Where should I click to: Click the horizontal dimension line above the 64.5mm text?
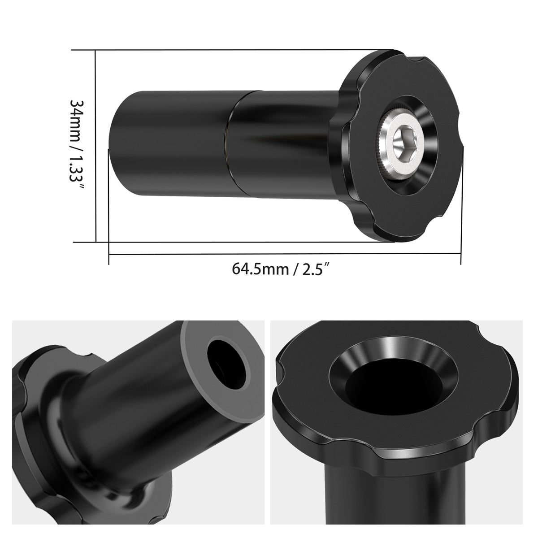point(285,254)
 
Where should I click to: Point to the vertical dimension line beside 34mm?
point(96,146)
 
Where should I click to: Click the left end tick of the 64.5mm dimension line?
point(109,255)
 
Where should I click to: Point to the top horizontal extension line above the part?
point(233,50)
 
